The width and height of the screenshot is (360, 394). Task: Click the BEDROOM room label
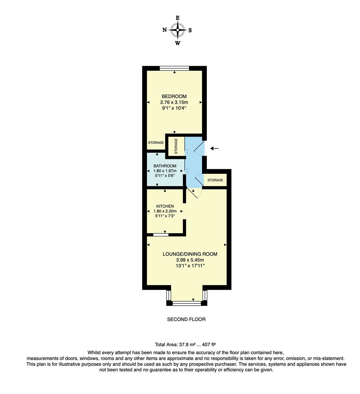coord(174,96)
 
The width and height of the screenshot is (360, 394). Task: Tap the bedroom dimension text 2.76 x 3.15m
coord(174,102)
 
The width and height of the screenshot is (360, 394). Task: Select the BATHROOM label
coord(164,166)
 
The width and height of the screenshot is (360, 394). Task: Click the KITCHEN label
coord(165,206)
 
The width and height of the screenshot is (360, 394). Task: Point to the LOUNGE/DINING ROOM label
coord(190,254)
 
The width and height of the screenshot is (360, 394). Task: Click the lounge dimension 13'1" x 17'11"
coord(190,266)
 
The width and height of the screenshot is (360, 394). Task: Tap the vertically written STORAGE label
coord(176,146)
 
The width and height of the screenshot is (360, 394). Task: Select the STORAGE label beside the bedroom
coord(156,143)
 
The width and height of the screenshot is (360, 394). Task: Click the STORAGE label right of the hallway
coord(215,180)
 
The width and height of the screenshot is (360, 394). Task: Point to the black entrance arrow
coord(214,148)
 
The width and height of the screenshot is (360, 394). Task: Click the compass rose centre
coord(178,30)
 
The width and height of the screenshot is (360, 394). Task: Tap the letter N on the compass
coord(164,30)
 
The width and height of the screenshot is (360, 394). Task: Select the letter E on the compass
coord(178,18)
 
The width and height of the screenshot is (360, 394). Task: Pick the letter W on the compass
coord(178,43)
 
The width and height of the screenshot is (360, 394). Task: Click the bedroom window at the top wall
coord(174,68)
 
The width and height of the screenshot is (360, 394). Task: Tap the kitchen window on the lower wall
coord(161,235)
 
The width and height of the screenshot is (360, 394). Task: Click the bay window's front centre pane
coord(187,303)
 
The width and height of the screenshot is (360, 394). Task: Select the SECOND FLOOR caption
coord(186,319)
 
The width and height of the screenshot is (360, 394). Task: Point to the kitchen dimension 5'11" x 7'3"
coord(165,216)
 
